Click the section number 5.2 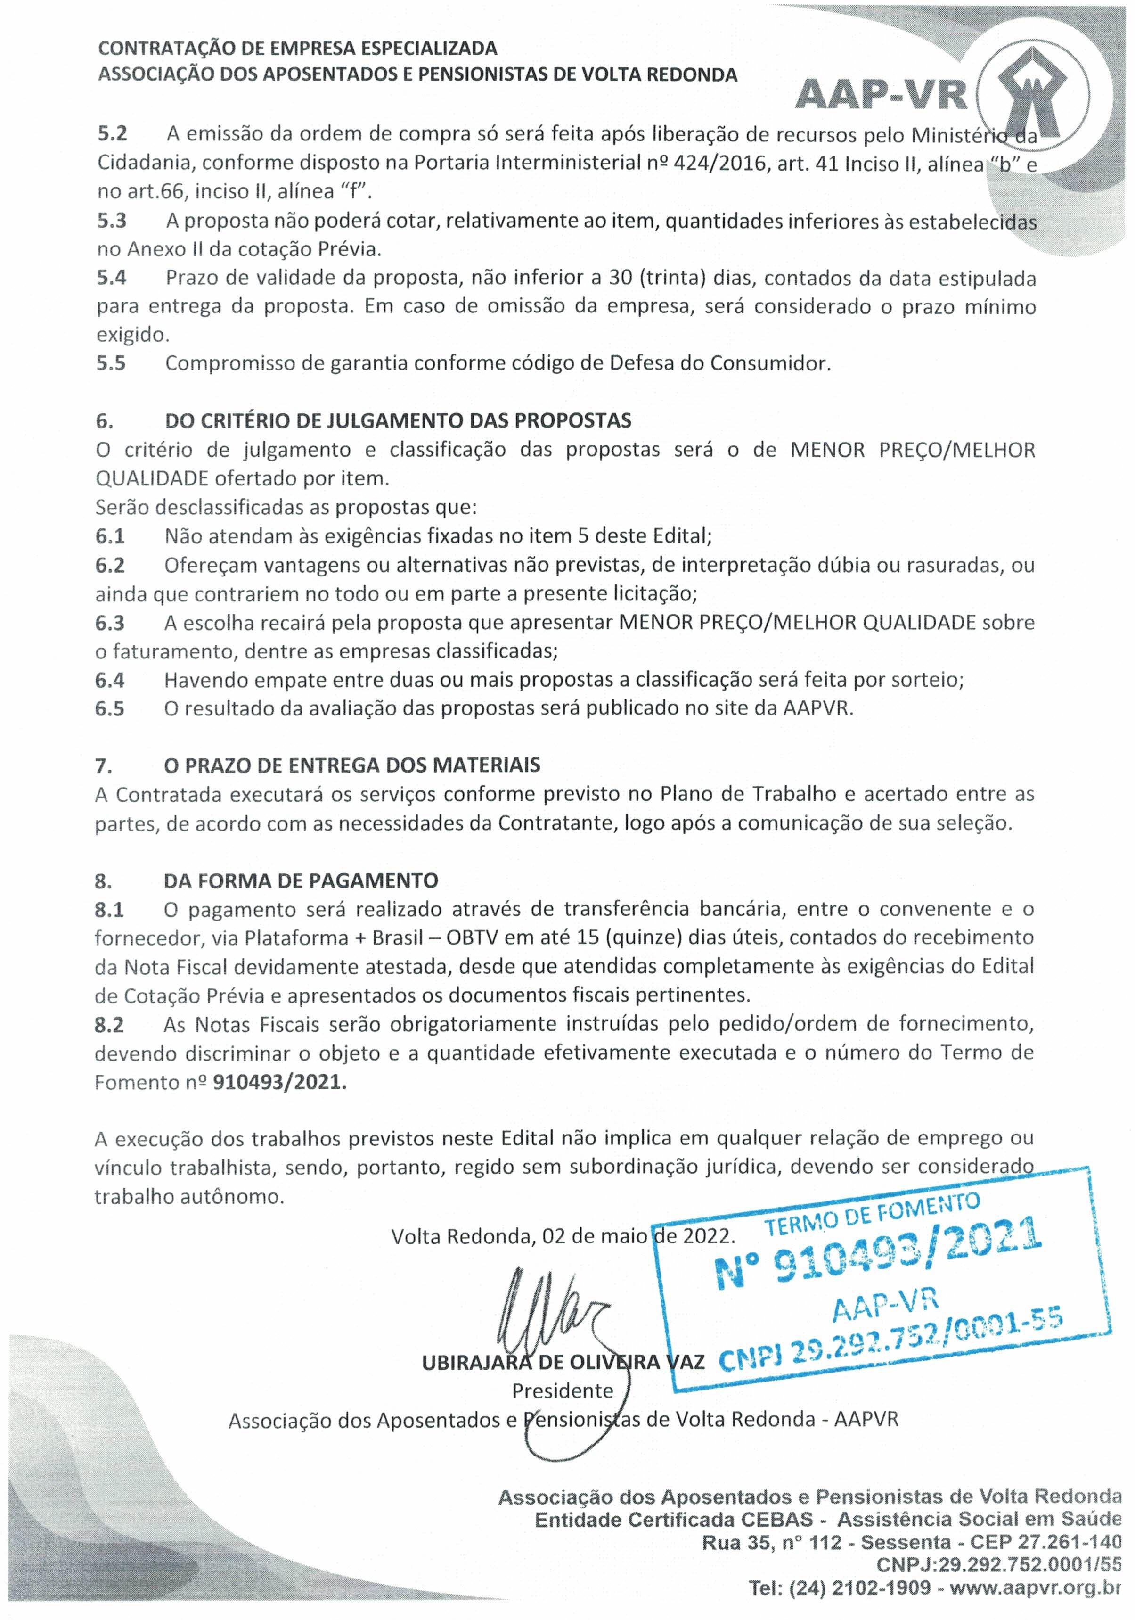112,134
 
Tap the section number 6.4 110,680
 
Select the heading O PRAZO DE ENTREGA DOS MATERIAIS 352,765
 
